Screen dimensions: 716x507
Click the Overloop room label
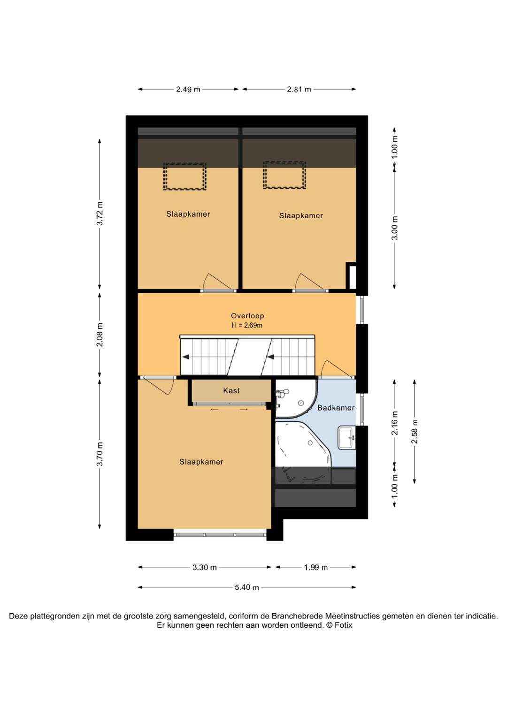pyautogui.click(x=247, y=316)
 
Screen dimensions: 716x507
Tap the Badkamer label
pyautogui.click(x=336, y=408)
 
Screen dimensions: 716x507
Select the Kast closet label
pyautogui.click(x=231, y=390)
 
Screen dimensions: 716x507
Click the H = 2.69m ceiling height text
pyautogui.click(x=247, y=325)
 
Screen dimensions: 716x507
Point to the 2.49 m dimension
pyautogui.click(x=188, y=89)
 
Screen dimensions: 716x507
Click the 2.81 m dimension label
pyautogui.click(x=299, y=89)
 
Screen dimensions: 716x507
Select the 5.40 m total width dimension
pyautogui.click(x=247, y=587)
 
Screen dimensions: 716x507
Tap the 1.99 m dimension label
pyautogui.click(x=315, y=567)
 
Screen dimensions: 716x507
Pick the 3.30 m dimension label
pyautogui.click(x=205, y=567)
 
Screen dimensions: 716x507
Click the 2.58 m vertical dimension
pyautogui.click(x=415, y=432)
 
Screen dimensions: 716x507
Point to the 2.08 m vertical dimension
pyautogui.click(x=100, y=335)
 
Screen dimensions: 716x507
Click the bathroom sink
pyautogui.click(x=347, y=438)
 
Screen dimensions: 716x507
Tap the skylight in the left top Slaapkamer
pyautogui.click(x=184, y=176)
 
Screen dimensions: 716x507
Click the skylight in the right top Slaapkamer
pyautogui.click(x=284, y=175)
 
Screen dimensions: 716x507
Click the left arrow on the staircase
pyautogui.click(x=186, y=357)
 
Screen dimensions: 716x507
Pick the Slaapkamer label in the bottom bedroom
pyautogui.click(x=201, y=462)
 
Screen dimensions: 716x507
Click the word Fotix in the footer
pyautogui.click(x=343, y=625)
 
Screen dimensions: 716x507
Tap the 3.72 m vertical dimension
pyautogui.click(x=100, y=213)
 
